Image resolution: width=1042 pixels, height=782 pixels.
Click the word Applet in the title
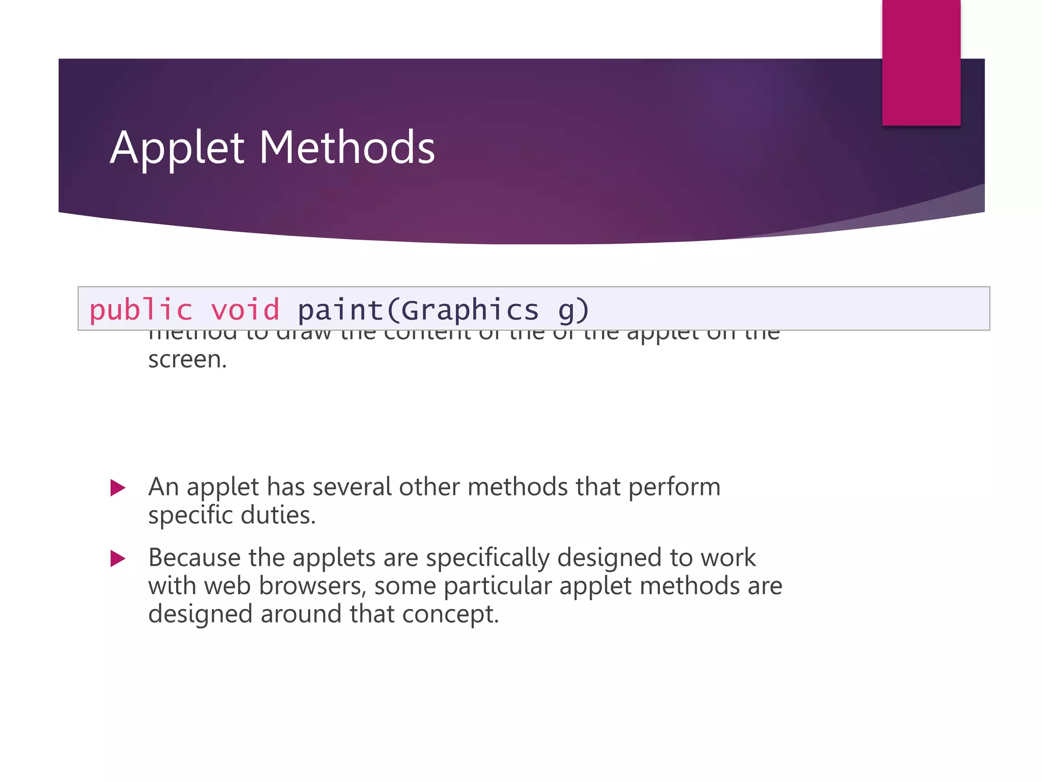coord(177,148)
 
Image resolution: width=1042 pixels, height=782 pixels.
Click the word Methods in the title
coord(347,148)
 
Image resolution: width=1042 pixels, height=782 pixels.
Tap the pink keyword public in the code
coord(141,310)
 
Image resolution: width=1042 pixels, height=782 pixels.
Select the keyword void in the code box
coord(245,310)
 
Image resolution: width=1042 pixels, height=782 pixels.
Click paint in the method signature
coord(340,310)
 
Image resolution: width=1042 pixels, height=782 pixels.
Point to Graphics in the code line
coord(470,310)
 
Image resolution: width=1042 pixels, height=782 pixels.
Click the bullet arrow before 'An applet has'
coord(118,488)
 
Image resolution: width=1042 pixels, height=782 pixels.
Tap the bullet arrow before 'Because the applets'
coord(118,558)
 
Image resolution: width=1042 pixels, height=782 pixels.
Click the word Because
coord(194,557)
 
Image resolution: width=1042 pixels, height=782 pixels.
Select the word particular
coord(497,586)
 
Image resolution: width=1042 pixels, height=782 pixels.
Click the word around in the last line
coord(301,614)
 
